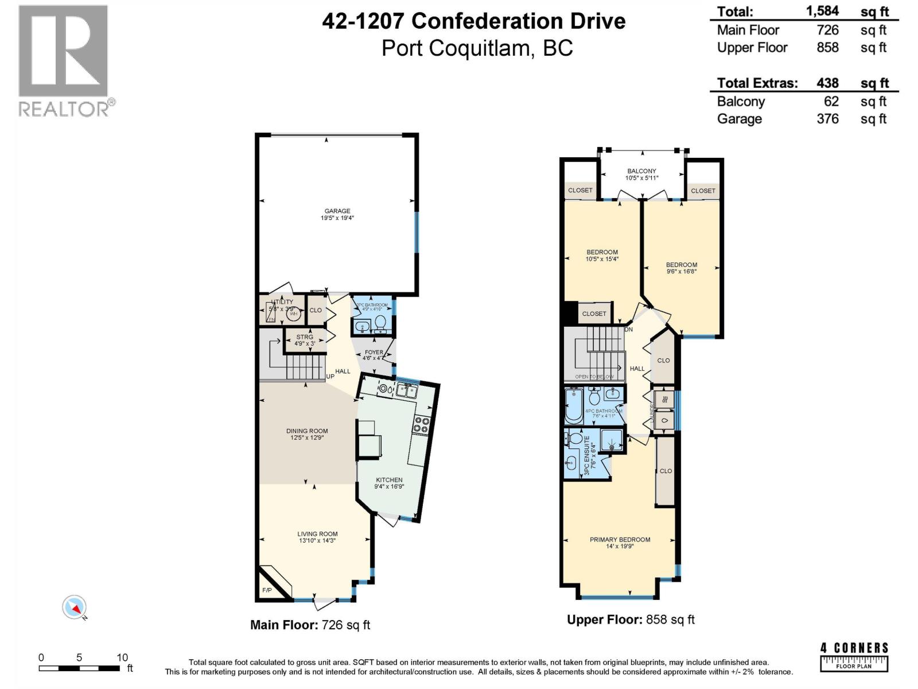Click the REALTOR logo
[x=64, y=60]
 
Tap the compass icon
[x=75, y=607]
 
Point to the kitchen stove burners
[x=421, y=424]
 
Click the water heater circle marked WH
[x=294, y=313]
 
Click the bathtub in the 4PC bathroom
[x=573, y=407]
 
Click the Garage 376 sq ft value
[x=827, y=119]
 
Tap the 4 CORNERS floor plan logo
[x=854, y=657]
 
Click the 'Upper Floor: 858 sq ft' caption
[x=631, y=620]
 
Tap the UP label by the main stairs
[x=330, y=377]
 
